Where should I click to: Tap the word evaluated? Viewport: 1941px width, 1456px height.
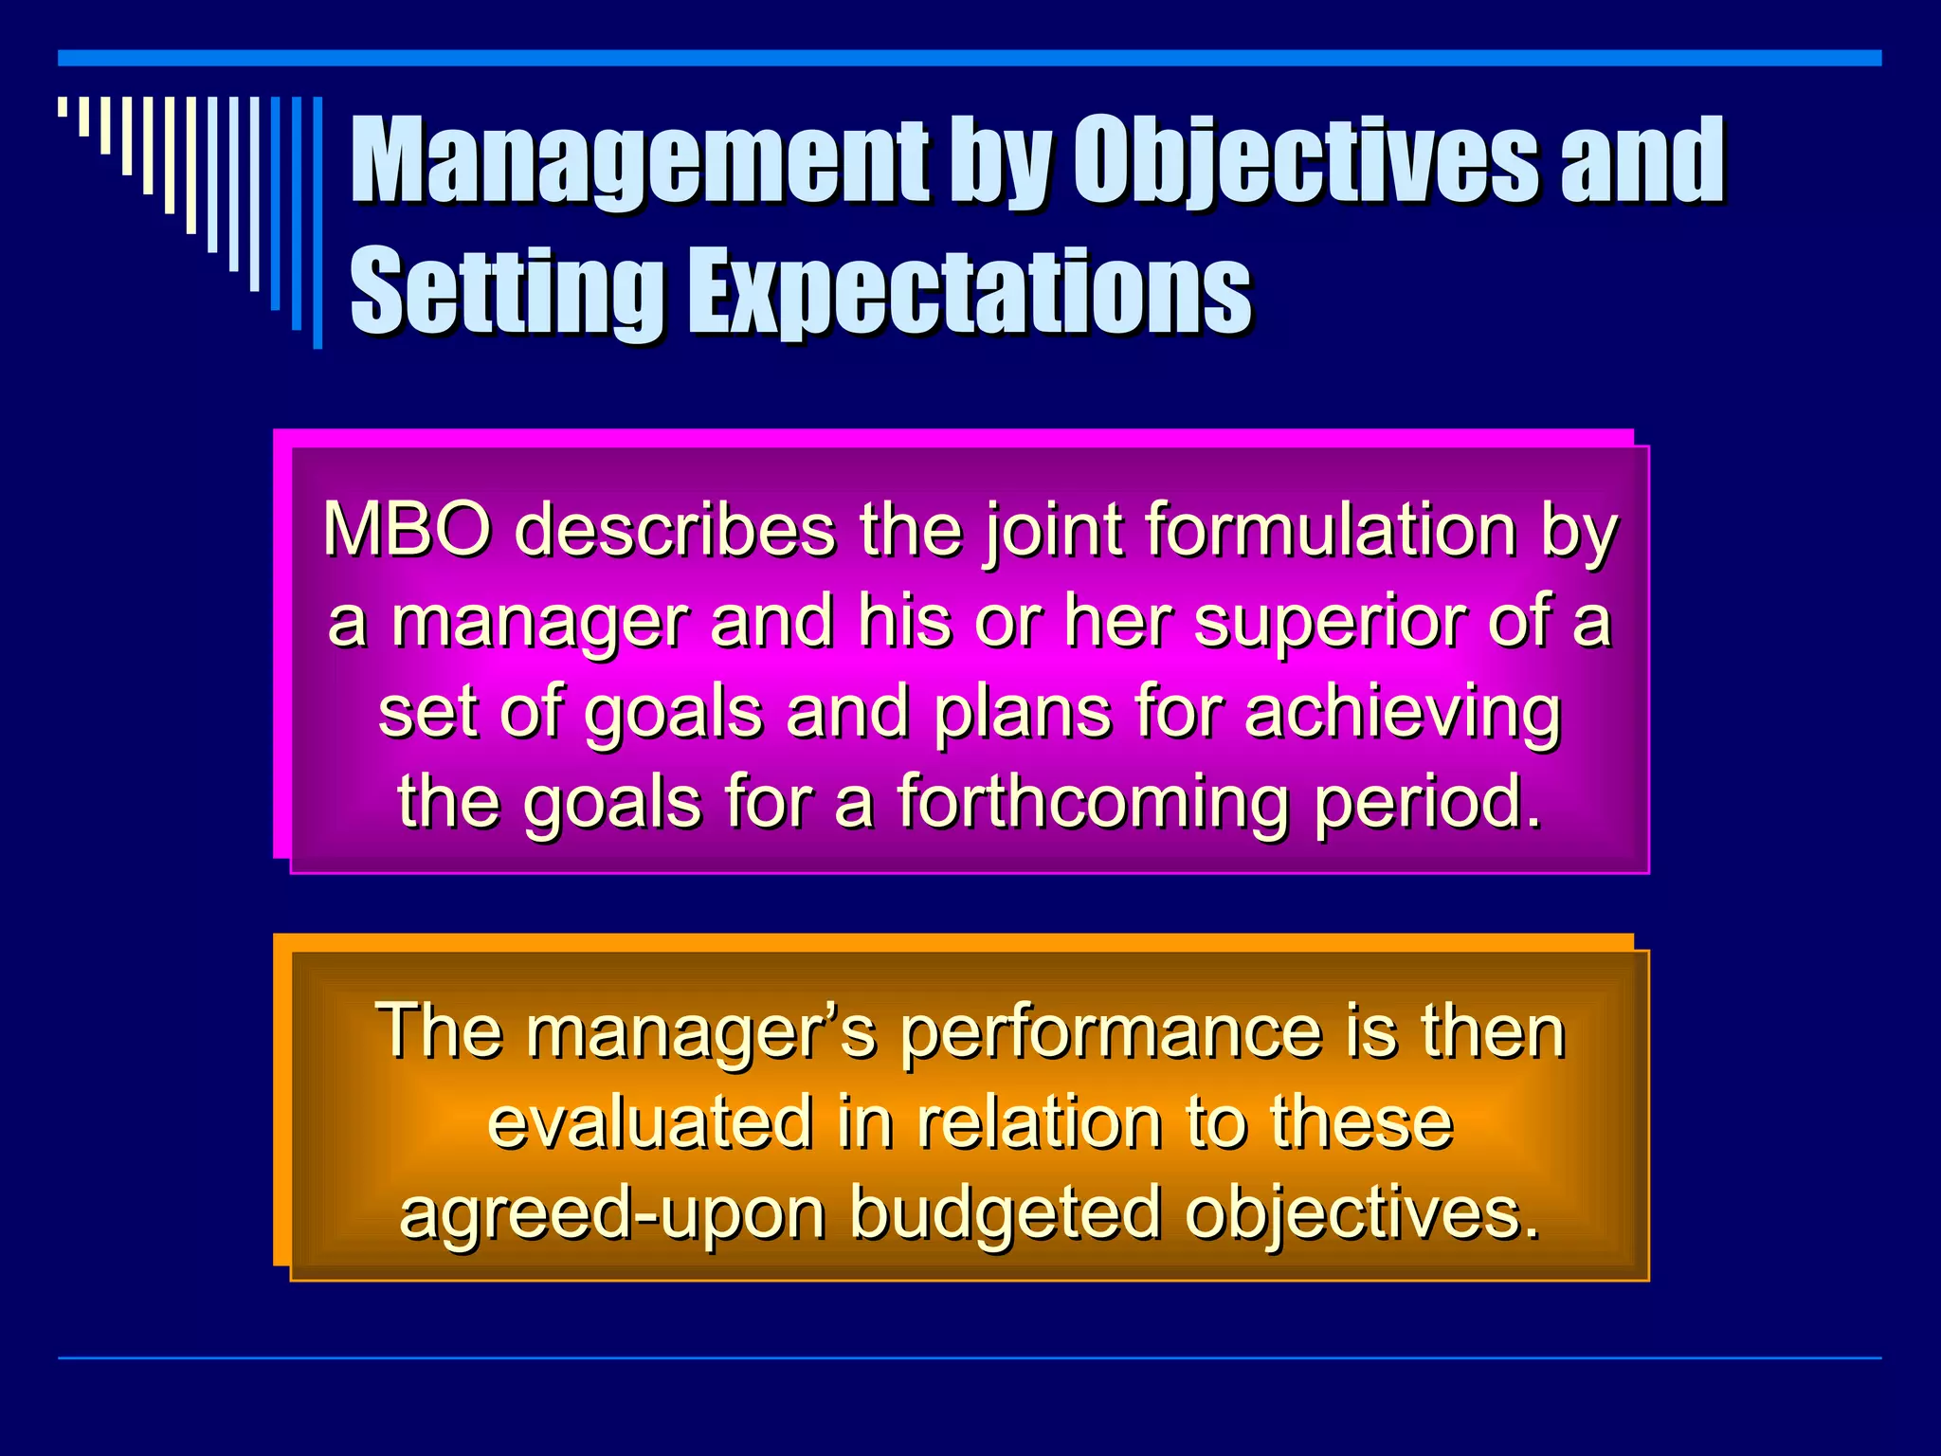[650, 1122]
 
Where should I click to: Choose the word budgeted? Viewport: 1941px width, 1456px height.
[1005, 1214]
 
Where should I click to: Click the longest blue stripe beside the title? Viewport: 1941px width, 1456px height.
[317, 223]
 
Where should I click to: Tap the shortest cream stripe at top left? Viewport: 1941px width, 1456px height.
[63, 106]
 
